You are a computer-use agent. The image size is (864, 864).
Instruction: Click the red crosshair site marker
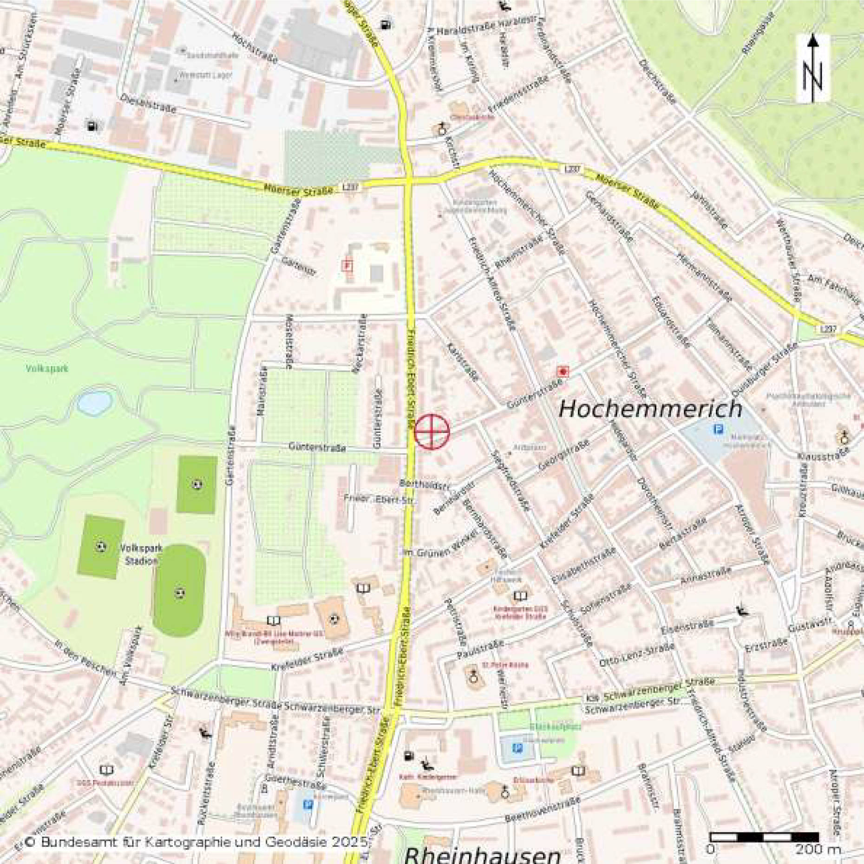[x=432, y=432]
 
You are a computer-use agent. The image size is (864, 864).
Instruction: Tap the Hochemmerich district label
[x=650, y=409]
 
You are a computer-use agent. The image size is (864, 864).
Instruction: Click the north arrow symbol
[x=813, y=68]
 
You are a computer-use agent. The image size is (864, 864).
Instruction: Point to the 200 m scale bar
[x=764, y=837]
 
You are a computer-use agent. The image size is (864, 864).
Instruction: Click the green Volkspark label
[x=47, y=368]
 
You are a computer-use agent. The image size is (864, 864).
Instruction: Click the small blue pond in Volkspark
[x=94, y=403]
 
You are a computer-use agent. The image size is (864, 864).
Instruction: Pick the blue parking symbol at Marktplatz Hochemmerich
[x=718, y=429]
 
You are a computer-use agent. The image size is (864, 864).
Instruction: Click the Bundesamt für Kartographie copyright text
[x=195, y=842]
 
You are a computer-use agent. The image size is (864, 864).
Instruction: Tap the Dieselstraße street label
[x=148, y=104]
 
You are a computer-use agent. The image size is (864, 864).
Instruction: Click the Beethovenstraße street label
[x=543, y=810]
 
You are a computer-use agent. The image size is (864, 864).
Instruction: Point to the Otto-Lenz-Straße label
[x=636, y=655]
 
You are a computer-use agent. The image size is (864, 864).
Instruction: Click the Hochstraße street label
[x=255, y=47]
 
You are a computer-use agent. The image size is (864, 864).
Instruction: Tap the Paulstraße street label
[x=480, y=649]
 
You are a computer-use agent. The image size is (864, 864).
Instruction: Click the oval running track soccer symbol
[x=180, y=593]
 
